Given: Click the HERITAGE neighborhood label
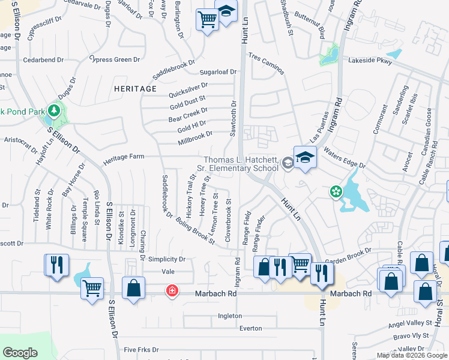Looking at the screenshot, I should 134,89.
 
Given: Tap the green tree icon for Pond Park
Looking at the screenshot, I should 55,110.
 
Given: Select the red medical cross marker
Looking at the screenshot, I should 172,291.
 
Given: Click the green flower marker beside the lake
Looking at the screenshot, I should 336,192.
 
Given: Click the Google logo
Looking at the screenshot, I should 20,353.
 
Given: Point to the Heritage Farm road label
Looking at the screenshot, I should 124,157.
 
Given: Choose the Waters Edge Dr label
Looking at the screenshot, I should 345,158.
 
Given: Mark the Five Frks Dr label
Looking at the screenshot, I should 141,349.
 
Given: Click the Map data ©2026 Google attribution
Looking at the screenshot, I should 412,355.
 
